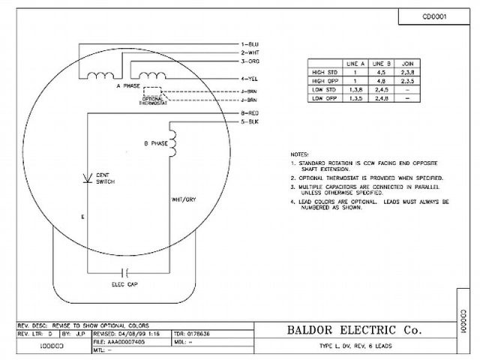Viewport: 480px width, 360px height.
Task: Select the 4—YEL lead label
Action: [249, 78]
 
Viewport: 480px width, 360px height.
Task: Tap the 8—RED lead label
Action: [250, 112]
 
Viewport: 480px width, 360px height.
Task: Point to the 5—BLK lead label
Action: [249, 120]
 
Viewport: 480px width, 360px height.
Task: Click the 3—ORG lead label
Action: [250, 61]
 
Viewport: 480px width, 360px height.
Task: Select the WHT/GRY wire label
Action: [183, 200]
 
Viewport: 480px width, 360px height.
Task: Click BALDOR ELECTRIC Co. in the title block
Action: [354, 329]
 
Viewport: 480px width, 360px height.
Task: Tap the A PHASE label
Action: [128, 87]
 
